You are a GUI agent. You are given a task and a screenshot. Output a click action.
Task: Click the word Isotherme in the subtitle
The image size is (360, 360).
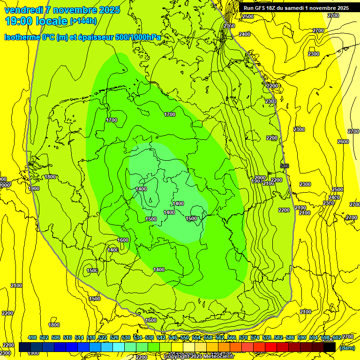22,37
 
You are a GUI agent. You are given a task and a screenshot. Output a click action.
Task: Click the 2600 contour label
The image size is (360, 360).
343,142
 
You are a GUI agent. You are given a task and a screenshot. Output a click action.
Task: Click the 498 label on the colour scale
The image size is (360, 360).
32,337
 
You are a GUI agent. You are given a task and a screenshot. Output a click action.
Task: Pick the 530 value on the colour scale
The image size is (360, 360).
126,337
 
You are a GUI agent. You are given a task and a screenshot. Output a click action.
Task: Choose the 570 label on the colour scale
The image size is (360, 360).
243,337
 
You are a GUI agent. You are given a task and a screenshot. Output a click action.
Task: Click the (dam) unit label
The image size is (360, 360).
347,348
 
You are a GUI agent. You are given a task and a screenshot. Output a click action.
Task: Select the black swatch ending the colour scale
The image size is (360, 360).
330,347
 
